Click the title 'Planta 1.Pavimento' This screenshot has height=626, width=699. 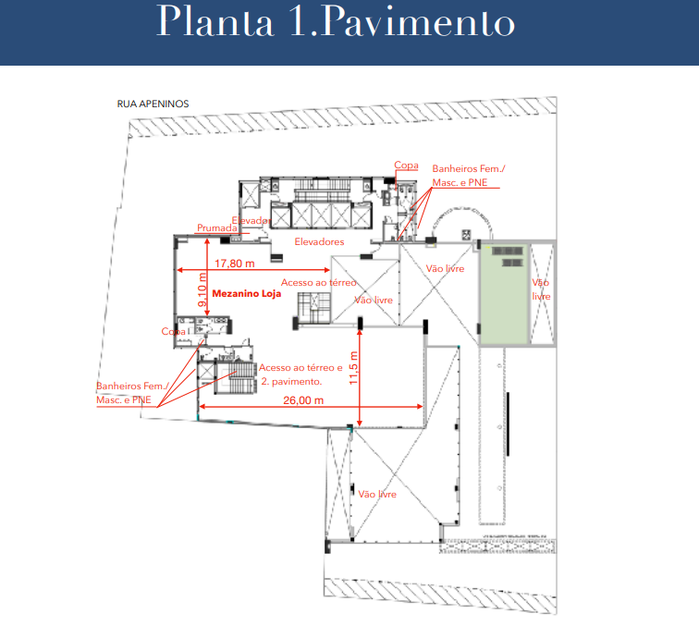point(336,21)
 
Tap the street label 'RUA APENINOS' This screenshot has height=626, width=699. point(153,104)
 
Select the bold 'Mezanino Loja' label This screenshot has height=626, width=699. point(247,293)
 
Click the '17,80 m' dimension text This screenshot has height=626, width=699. point(235,264)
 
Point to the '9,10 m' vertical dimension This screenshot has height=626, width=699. point(202,289)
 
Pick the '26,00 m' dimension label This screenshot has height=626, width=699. point(303,400)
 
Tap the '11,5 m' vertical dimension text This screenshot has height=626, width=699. point(353,368)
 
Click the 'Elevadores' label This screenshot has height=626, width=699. point(319,241)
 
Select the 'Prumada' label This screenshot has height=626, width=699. point(217,227)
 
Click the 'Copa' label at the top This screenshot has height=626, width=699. point(406,165)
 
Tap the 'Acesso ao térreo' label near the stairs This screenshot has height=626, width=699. point(319,283)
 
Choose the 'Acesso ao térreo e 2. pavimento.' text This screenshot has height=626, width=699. point(300,374)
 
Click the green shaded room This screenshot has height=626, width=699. point(503,294)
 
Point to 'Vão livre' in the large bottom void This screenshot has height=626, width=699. point(377,494)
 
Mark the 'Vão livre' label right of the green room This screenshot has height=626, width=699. point(541,289)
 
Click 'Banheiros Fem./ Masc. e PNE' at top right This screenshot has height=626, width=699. point(469,176)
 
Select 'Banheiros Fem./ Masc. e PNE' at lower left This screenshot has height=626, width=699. point(132,393)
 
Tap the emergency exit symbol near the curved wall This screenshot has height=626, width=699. point(466,234)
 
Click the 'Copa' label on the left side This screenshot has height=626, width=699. point(174,331)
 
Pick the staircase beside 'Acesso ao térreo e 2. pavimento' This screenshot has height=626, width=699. point(236,377)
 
